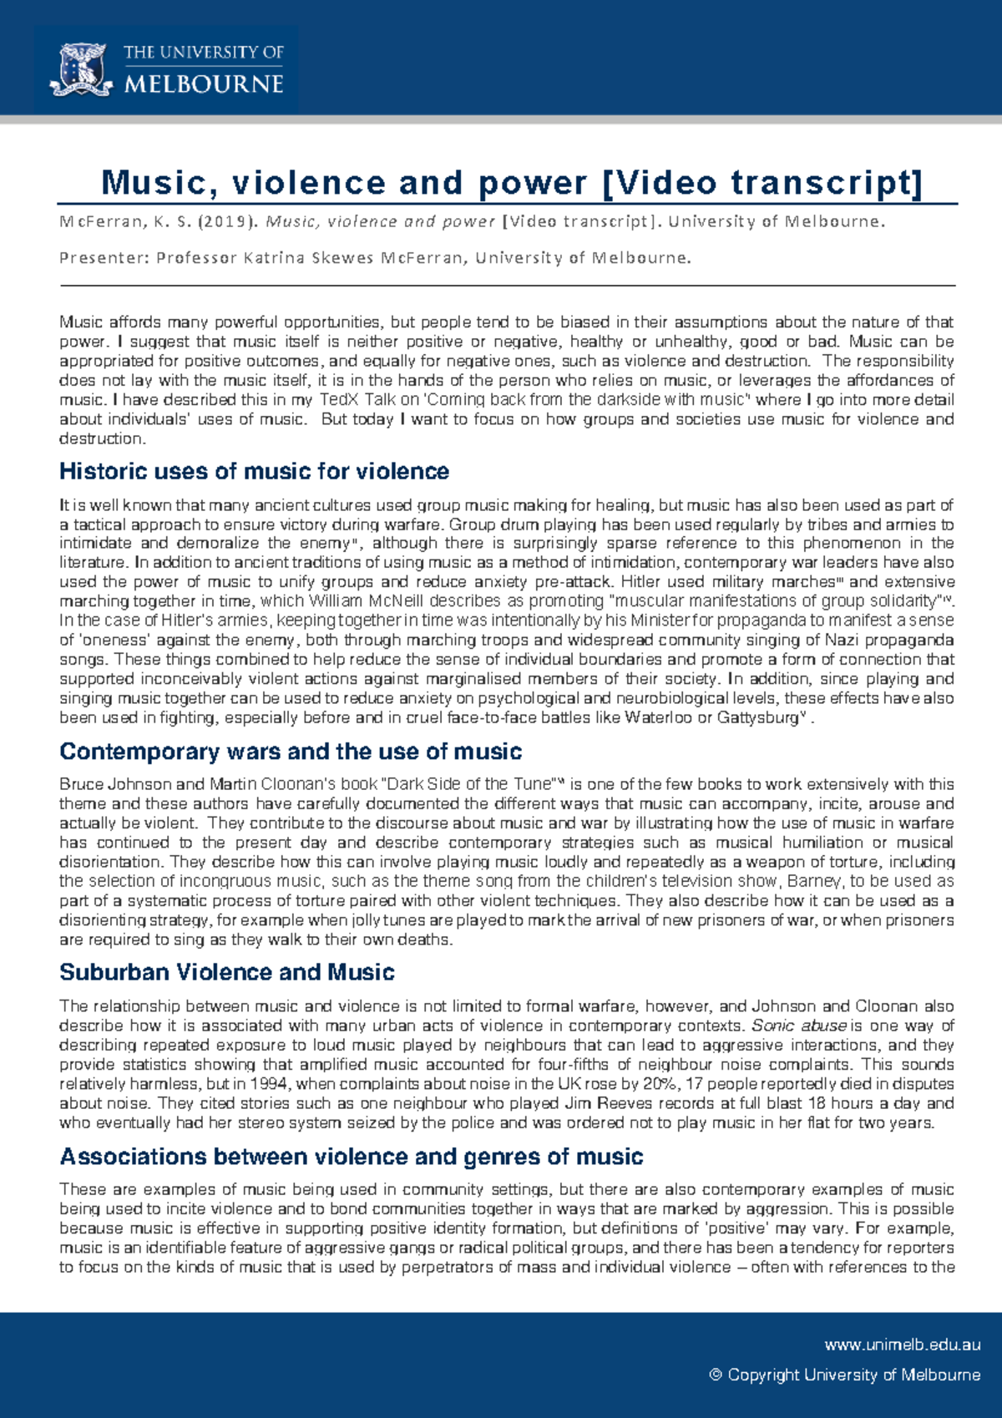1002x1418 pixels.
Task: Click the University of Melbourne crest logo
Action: click(x=82, y=70)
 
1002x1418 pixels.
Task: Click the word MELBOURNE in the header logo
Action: click(x=204, y=85)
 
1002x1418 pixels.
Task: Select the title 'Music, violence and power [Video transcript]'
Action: click(x=511, y=183)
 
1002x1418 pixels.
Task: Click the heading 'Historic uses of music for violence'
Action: click(x=254, y=472)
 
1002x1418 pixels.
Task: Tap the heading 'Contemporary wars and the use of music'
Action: click(x=290, y=752)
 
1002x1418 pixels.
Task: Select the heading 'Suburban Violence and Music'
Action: click(x=226, y=973)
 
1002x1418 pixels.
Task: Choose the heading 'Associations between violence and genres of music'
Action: click(x=351, y=1157)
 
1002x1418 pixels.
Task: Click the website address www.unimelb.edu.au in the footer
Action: click(x=902, y=1345)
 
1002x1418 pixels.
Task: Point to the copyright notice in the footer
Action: click(x=844, y=1375)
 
